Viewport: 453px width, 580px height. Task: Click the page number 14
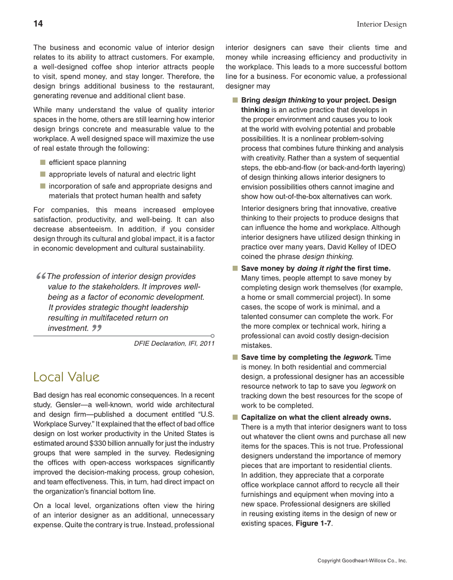click(x=38, y=24)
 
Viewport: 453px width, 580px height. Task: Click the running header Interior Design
click(x=381, y=25)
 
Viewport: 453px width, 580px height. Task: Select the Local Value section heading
click(x=66, y=377)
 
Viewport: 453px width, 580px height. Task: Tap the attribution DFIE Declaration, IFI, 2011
click(x=174, y=344)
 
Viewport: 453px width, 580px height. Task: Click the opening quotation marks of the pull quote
click(x=41, y=276)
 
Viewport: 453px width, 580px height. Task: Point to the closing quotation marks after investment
click(x=97, y=328)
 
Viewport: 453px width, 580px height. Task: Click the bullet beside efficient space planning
click(x=42, y=162)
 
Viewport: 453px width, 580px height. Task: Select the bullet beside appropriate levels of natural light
click(x=42, y=174)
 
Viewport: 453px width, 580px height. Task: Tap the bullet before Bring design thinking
click(x=234, y=100)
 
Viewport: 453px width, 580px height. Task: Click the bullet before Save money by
click(x=234, y=268)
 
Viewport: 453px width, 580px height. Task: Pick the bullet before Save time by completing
click(x=234, y=357)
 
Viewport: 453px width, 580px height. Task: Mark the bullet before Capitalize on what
click(x=234, y=417)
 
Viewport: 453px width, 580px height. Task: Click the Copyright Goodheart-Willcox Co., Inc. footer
click(x=362, y=561)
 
